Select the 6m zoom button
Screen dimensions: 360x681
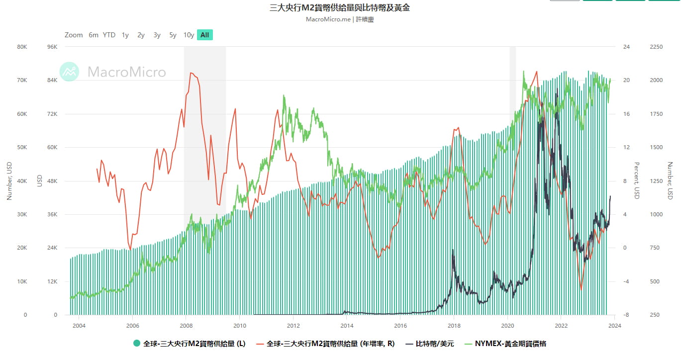[x=94, y=35]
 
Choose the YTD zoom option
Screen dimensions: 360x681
[x=109, y=35]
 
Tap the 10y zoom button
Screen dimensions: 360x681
[x=189, y=35]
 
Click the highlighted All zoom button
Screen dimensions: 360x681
[x=204, y=35]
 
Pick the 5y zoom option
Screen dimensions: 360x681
[x=173, y=35]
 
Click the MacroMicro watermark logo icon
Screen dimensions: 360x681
[x=69, y=72]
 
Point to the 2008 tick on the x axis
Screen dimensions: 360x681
[x=186, y=326]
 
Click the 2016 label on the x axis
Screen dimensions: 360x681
[x=400, y=326]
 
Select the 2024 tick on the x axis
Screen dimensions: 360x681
[x=615, y=326]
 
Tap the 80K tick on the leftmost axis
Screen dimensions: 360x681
[x=22, y=47]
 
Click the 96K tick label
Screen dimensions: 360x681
[x=52, y=47]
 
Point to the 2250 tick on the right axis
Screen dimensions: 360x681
[x=656, y=47]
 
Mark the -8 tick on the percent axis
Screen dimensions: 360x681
[x=626, y=315]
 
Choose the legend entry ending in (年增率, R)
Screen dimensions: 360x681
[x=330, y=344]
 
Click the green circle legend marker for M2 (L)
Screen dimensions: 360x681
[x=137, y=344]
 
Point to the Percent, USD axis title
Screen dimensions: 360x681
[x=636, y=180]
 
